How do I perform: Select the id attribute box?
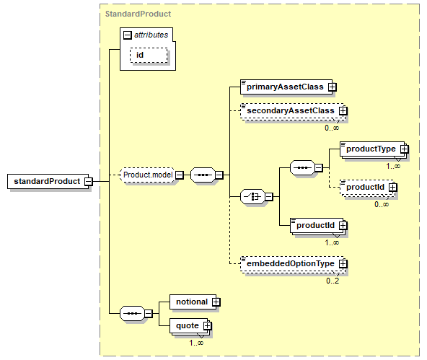click(x=149, y=56)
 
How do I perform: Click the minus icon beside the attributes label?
click(x=127, y=35)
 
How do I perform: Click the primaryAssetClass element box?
click(x=286, y=87)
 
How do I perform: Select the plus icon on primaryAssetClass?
click(x=332, y=87)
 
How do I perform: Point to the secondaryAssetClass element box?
click(x=293, y=111)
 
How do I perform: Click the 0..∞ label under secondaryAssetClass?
click(x=332, y=128)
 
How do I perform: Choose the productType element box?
click(x=372, y=149)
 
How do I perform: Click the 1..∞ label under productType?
click(x=393, y=166)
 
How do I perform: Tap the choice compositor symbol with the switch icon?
click(x=252, y=196)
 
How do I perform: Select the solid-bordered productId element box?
click(x=317, y=226)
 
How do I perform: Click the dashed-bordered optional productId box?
click(x=367, y=188)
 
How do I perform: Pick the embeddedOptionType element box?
click(x=293, y=263)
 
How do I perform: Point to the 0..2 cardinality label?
click(x=333, y=281)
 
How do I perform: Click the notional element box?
click(x=193, y=302)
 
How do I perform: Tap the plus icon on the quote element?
click(x=207, y=325)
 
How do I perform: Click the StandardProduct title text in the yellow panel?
click(x=138, y=14)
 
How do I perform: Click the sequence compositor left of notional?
click(x=132, y=313)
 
